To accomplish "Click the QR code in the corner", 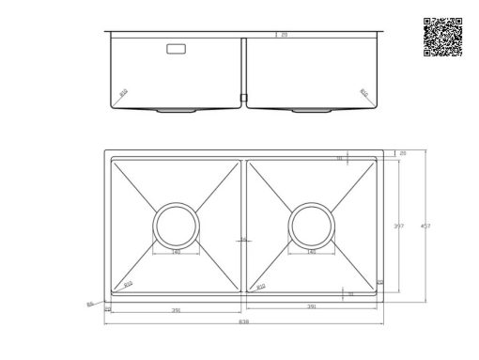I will pyautogui.click(x=442, y=38).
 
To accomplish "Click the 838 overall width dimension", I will pyautogui.click(x=243, y=321).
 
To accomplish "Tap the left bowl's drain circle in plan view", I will pyautogui.click(x=176, y=226).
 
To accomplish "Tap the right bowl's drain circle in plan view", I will pyautogui.click(x=311, y=226).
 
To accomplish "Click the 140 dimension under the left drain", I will pyautogui.click(x=176, y=252).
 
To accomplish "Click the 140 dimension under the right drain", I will pyautogui.click(x=311, y=252).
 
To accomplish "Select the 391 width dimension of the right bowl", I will pyautogui.click(x=311, y=306).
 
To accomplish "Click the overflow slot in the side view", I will pyautogui.click(x=176, y=49).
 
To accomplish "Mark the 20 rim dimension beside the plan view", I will pyautogui.click(x=402, y=152).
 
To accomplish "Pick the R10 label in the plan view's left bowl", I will pyautogui.click(x=129, y=283).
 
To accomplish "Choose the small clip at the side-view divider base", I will pyautogui.click(x=243, y=97).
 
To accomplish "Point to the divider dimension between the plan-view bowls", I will pyautogui.click(x=243, y=241).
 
